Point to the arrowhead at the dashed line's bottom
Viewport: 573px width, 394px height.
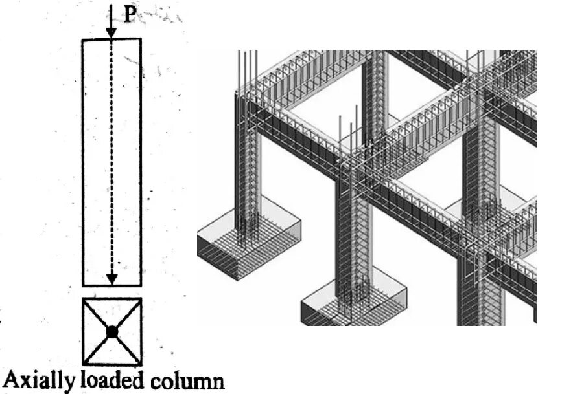pyautogui.click(x=112, y=279)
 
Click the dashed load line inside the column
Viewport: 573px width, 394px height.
pyautogui.click(x=112, y=162)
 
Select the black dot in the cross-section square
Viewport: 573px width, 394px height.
pyautogui.click(x=112, y=332)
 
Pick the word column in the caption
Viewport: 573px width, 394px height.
pyautogui.click(x=189, y=380)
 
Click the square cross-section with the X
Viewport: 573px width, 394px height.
pyautogui.click(x=112, y=331)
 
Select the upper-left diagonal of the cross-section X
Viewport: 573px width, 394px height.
pyautogui.click(x=97, y=316)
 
